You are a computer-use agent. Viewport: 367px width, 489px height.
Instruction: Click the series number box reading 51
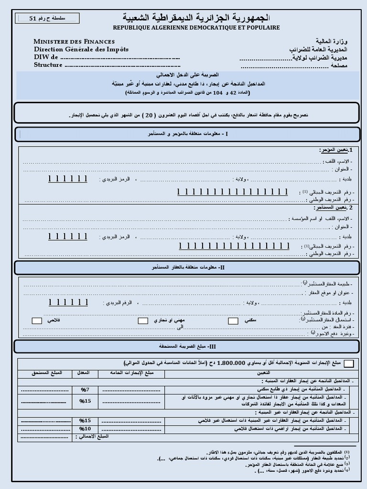(48, 18)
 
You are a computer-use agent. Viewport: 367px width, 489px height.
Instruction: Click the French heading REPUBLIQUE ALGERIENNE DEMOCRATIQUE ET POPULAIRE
(196, 28)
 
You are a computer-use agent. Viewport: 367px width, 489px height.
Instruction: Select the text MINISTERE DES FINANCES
(74, 42)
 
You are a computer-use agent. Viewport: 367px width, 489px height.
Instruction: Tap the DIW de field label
(45, 57)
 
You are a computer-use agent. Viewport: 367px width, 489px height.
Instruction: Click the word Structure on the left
(48, 65)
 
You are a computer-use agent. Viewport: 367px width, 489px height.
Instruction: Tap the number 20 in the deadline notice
(149, 115)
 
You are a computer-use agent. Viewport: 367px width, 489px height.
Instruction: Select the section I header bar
(187, 134)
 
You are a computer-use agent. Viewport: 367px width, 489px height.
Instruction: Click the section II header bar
(187, 267)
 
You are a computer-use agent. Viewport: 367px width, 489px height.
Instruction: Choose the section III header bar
(187, 346)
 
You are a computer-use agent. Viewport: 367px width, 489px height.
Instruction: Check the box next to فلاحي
(37, 321)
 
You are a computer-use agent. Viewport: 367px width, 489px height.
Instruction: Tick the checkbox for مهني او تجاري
(143, 321)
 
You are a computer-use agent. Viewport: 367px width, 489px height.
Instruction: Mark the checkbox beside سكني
(233, 321)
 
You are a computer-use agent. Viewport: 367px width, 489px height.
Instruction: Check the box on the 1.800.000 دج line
(349, 364)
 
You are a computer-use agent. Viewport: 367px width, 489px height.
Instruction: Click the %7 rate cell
(85, 390)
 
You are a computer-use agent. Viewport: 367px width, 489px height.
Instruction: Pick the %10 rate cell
(85, 429)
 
